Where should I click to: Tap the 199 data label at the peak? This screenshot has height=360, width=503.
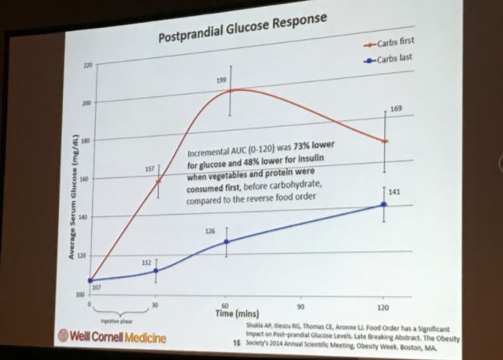[x=223, y=80]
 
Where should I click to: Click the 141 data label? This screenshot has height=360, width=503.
[x=393, y=192]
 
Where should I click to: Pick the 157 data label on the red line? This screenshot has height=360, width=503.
[x=148, y=169]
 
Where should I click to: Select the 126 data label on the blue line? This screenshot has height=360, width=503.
[x=211, y=231]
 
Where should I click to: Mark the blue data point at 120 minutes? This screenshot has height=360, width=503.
[x=383, y=205]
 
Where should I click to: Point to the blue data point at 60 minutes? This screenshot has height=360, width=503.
[x=227, y=241]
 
